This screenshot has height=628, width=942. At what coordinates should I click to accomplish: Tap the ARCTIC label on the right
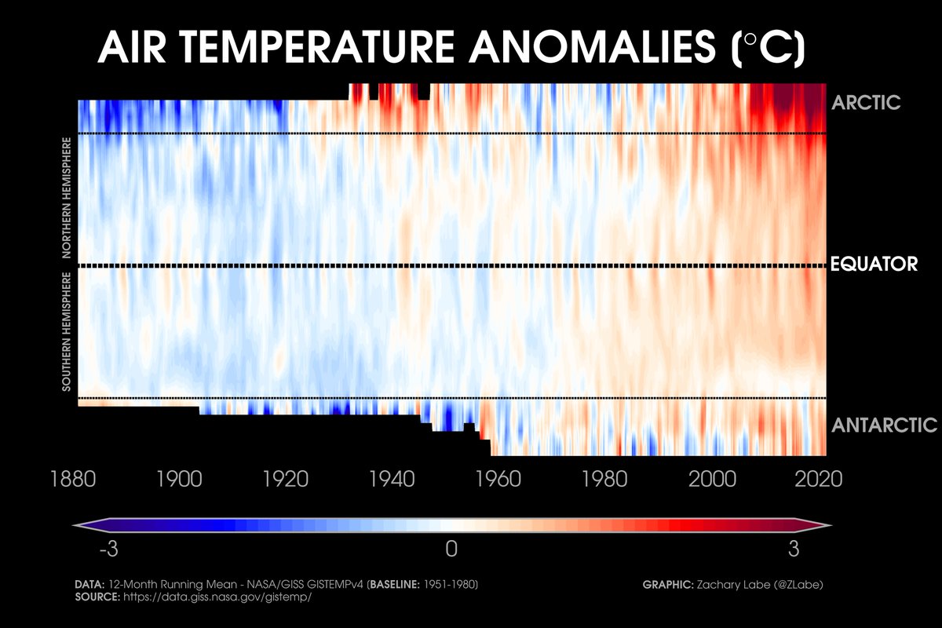coord(866,103)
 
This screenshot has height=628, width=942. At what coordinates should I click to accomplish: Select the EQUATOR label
coord(873,265)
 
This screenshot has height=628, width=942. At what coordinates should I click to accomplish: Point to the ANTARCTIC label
coord(884,425)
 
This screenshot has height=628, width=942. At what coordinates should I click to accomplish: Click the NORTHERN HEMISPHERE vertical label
coord(68,198)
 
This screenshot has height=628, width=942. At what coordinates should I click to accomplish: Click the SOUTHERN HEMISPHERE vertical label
coord(68,332)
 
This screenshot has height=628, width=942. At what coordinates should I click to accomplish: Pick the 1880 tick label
coord(72,478)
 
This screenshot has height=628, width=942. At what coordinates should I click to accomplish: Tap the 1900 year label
coord(180,478)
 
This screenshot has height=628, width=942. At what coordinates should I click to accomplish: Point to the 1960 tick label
coord(498,478)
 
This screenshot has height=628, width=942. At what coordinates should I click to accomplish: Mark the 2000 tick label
coord(712,478)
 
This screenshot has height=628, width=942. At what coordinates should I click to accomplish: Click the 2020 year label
coord(818,478)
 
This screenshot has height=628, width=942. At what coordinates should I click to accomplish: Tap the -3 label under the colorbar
coord(108,550)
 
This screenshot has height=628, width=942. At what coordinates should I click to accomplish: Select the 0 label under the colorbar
coord(451,550)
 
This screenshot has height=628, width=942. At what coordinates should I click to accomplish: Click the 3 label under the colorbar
coord(794,550)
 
